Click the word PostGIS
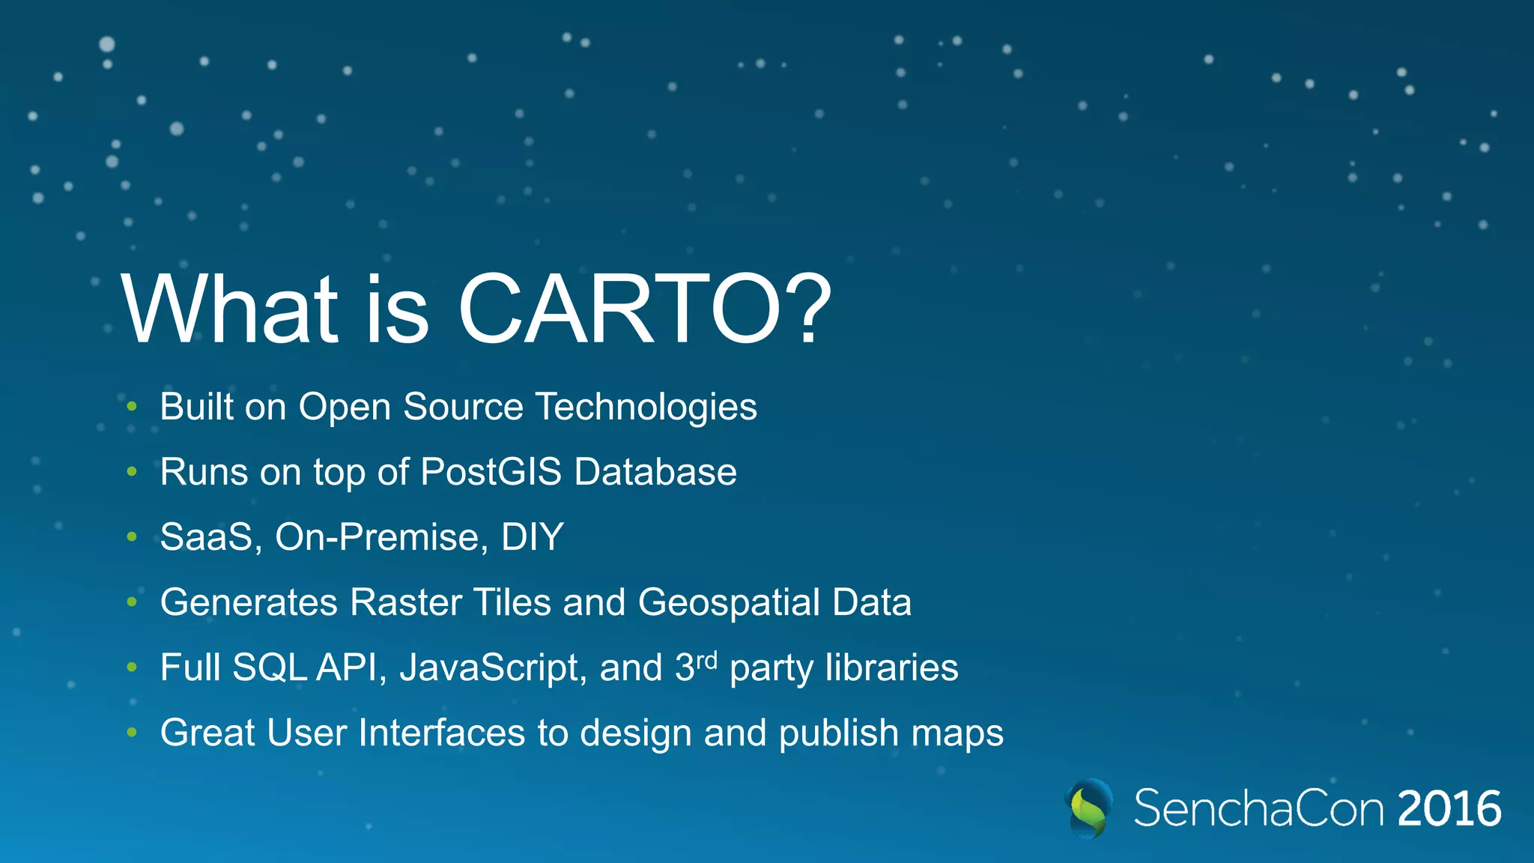[x=491, y=472]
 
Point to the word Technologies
[x=646, y=408]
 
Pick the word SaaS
[x=206, y=537]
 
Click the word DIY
[x=532, y=537]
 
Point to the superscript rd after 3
[x=707, y=660]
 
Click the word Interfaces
[x=441, y=733]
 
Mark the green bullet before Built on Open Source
[x=132, y=407]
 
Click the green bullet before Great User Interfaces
[x=132, y=733]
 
